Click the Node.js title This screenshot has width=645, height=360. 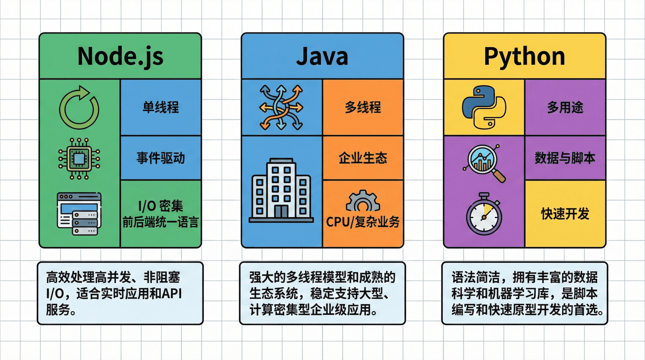point(120,56)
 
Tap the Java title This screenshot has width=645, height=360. point(322,56)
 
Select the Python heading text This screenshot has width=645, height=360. point(524,56)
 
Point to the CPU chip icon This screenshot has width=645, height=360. point(79,159)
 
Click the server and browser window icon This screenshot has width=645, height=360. point(79,214)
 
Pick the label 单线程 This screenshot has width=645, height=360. point(161,107)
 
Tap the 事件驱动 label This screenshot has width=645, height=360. point(161,158)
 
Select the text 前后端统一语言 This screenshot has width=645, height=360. point(161,222)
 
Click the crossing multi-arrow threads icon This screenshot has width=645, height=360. point(281,107)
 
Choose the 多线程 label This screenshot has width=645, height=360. point(363,107)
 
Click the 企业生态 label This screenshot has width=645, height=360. point(363,158)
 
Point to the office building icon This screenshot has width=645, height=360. point(281,190)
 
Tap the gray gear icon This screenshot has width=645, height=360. point(363,201)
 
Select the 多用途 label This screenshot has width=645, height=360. point(565,107)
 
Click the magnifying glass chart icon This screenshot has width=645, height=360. point(484,163)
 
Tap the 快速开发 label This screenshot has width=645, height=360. point(565,214)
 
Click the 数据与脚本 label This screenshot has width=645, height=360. point(565,158)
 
